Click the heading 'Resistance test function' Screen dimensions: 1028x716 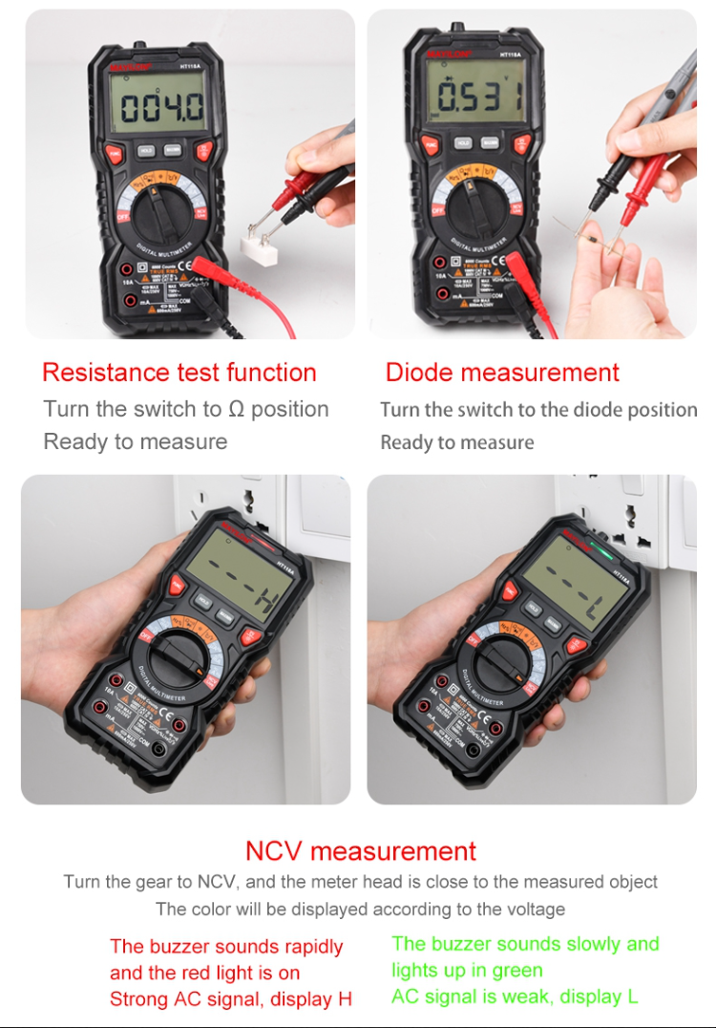(179, 372)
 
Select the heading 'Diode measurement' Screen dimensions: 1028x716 (502, 372)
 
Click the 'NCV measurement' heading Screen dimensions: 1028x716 (360, 850)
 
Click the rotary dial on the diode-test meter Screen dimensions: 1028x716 (475, 200)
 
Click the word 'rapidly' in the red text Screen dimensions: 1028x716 (305, 947)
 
